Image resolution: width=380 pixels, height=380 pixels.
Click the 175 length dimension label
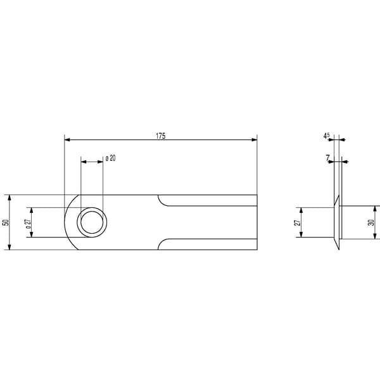coord(161,136)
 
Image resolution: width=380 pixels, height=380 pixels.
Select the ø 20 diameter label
coord(110,158)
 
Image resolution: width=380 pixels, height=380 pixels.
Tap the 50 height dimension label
coord(6,222)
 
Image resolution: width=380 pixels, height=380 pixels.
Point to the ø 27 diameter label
coord(28,224)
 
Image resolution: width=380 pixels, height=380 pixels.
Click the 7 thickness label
coord(327,158)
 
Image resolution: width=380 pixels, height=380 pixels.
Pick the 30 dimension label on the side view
coord(371,222)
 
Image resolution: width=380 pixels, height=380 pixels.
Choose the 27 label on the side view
coord(298,222)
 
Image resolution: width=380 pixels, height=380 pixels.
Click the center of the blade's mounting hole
coord(92,222)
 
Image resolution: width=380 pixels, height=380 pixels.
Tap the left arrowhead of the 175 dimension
coord(67,139)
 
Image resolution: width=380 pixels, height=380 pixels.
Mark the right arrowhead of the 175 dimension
coord(254,139)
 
